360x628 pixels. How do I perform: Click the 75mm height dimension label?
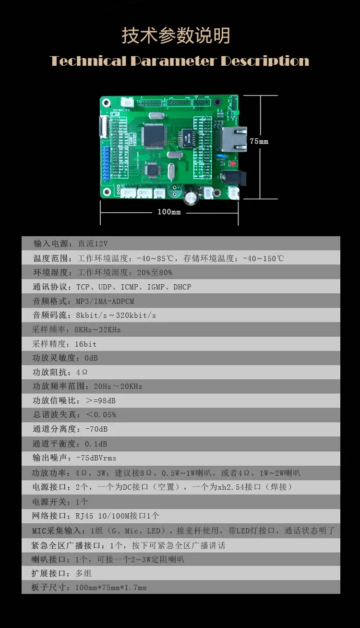(x=259, y=141)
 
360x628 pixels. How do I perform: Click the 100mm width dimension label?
(x=169, y=212)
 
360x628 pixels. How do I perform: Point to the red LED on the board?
(x=233, y=163)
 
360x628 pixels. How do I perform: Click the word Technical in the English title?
(x=88, y=61)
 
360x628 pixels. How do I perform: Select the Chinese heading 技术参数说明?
(x=176, y=36)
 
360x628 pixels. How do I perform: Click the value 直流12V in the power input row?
(x=93, y=243)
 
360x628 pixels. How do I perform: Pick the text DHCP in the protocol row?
(x=182, y=287)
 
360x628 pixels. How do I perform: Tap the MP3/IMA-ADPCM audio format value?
(x=105, y=302)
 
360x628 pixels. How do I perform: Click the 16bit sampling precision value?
(x=85, y=344)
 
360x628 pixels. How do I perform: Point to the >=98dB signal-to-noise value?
(x=101, y=400)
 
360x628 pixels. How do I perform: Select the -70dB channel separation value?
(x=96, y=429)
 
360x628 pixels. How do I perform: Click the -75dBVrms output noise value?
(x=96, y=458)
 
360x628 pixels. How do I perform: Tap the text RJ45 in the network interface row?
(x=84, y=516)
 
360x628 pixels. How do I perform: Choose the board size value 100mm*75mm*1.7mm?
(x=111, y=587)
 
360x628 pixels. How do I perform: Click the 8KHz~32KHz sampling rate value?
(x=97, y=330)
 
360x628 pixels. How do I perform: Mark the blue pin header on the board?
(x=106, y=163)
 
